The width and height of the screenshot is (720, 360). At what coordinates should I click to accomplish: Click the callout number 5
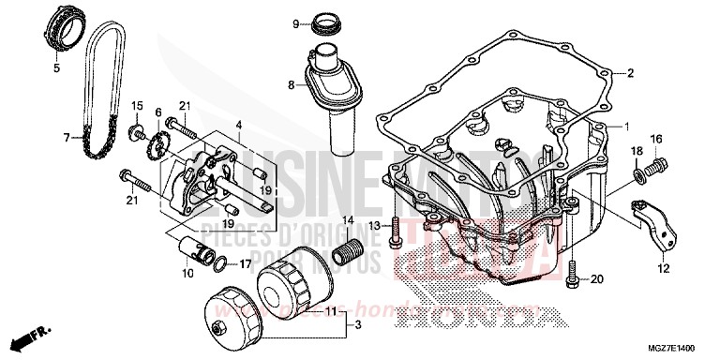pyautogui.click(x=54, y=67)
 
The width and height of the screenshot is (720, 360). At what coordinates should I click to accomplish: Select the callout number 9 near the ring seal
pyautogui.click(x=294, y=23)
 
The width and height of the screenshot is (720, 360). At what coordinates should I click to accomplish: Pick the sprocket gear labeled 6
pyautogui.click(x=157, y=147)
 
